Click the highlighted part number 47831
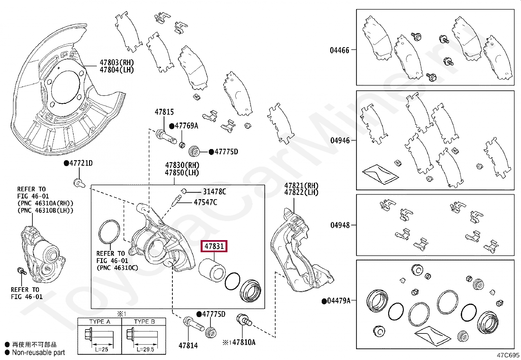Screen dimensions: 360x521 click(214, 246)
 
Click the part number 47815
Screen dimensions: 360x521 click(164, 112)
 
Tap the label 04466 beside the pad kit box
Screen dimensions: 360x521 click(340, 50)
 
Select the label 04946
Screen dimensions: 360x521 click(340, 141)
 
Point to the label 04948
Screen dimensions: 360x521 click(340, 225)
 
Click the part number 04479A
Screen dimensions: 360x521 click(338, 301)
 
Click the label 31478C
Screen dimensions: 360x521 click(214, 192)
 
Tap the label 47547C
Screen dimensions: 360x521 click(205, 202)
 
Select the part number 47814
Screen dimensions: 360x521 click(188, 345)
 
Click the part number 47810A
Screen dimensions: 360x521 click(243, 342)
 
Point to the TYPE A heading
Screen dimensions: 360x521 click(99, 322)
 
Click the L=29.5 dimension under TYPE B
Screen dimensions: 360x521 click(145, 349)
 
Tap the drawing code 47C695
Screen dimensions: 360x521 click(508, 355)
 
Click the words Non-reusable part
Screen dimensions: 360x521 click(38, 352)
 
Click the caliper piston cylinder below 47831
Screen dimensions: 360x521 click(211, 270)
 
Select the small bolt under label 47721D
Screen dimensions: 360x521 click(79, 182)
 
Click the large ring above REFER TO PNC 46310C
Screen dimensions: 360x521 click(109, 232)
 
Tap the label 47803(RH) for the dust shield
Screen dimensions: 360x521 click(117, 62)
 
